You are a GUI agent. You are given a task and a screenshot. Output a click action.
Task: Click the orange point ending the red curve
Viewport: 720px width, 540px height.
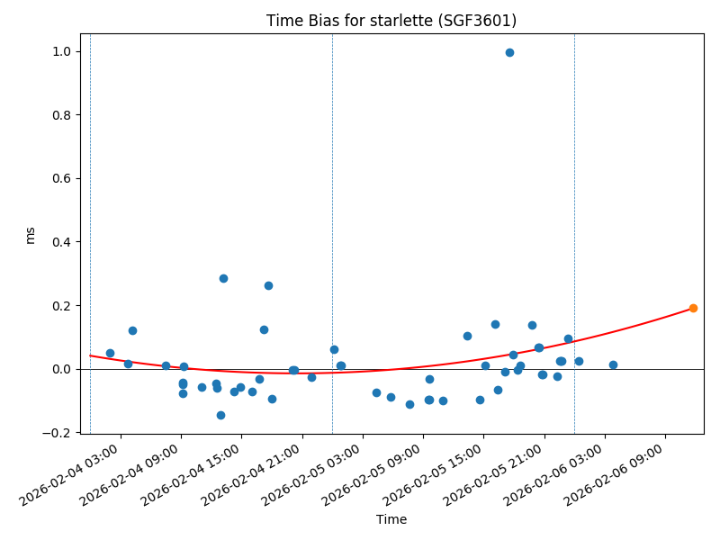click(x=693, y=308)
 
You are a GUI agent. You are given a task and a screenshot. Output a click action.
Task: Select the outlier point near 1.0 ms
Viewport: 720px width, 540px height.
click(x=509, y=52)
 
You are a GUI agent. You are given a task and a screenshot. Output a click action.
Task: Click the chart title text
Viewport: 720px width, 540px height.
click(x=391, y=21)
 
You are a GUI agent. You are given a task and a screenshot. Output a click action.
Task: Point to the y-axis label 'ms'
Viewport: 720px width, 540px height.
click(x=31, y=235)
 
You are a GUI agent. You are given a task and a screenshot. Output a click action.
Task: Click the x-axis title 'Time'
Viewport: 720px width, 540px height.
click(x=391, y=519)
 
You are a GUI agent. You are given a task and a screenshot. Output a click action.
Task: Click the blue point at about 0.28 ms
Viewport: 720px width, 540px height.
click(x=223, y=278)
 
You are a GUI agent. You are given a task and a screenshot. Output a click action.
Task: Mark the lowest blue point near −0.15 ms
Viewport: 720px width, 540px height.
click(x=220, y=415)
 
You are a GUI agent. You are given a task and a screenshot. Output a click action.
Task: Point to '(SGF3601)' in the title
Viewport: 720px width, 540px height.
click(x=485, y=21)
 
